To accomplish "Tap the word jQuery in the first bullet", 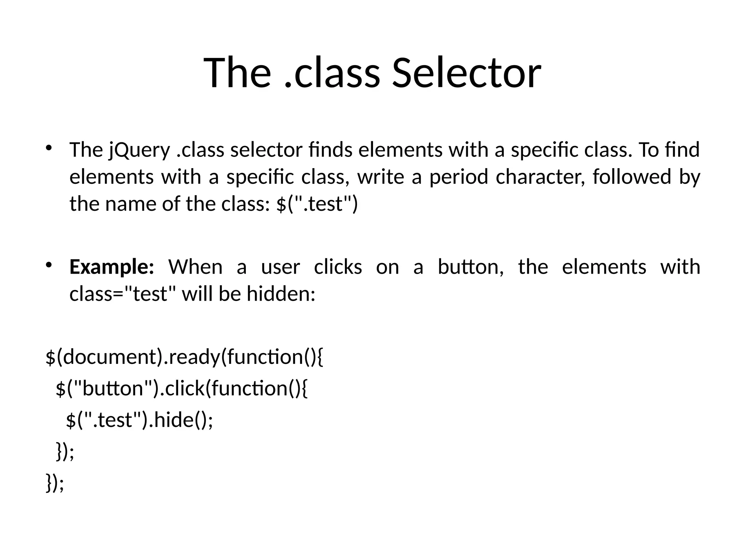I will coord(140,150).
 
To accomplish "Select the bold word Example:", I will coord(112,267).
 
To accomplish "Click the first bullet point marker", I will coord(49,147).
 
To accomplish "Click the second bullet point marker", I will coord(49,265).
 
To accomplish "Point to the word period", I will coord(459,178).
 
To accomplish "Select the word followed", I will coord(632,178).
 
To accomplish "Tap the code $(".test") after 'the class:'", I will coord(317,204).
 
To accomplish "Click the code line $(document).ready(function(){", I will coord(184,357).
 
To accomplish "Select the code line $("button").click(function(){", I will coord(181,389).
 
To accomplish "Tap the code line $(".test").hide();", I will coord(139,420).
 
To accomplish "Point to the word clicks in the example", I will coord(338,267).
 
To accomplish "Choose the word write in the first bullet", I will coord(381,178).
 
